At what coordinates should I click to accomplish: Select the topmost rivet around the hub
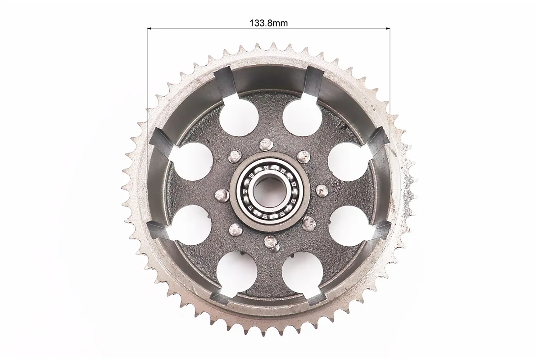[x=265, y=144]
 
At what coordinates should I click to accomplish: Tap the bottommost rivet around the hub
[x=271, y=242]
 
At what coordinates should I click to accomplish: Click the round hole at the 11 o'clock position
[x=239, y=117]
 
